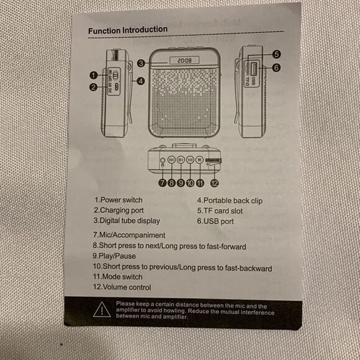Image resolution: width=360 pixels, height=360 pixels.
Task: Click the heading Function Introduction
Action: [127, 30]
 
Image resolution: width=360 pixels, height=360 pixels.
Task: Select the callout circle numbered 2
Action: [92, 88]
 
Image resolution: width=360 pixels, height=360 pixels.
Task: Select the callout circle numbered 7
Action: [161, 183]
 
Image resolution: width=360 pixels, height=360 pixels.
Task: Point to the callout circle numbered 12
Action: [214, 183]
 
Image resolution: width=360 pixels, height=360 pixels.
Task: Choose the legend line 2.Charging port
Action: [119, 210]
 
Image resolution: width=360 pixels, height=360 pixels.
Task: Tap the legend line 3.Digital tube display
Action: [127, 220]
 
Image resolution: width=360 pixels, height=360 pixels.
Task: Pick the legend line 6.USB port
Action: [215, 220]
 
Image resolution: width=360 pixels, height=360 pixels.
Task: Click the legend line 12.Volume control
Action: [122, 287]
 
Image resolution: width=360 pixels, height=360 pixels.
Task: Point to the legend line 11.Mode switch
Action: [117, 277]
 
